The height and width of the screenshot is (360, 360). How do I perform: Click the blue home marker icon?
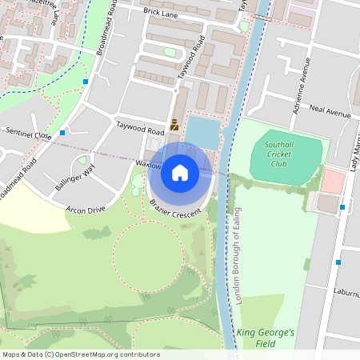pos(180,172)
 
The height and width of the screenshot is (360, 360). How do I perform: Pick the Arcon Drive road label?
pos(86,210)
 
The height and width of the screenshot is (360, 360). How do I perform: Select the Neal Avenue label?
pos(330,112)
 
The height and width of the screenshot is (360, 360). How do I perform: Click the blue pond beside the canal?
pos(203,132)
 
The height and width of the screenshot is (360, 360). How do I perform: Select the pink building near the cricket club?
pos(332,180)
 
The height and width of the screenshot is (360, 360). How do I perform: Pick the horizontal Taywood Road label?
pos(140,125)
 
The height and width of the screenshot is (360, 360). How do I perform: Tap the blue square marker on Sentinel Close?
pos(62,133)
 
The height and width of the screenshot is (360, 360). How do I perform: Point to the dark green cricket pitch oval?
pos(286,160)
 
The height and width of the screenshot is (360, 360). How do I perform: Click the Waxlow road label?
pos(149,164)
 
